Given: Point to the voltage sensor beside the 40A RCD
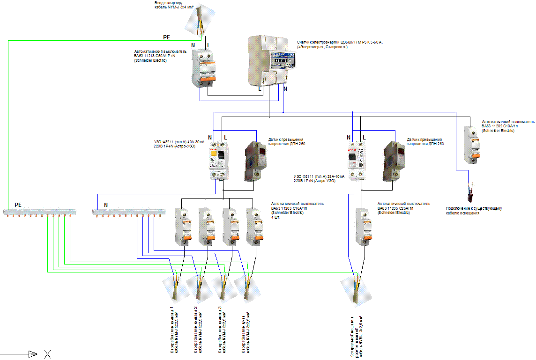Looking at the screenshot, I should coord(255,161).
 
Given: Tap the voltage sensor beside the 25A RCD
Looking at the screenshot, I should coord(394,161).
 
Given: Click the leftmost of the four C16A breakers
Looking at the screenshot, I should coord(182,226).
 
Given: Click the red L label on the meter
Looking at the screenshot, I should coord(261,88).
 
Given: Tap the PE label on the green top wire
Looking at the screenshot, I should coord(167,37).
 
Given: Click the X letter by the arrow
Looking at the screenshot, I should coord(47,354).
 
